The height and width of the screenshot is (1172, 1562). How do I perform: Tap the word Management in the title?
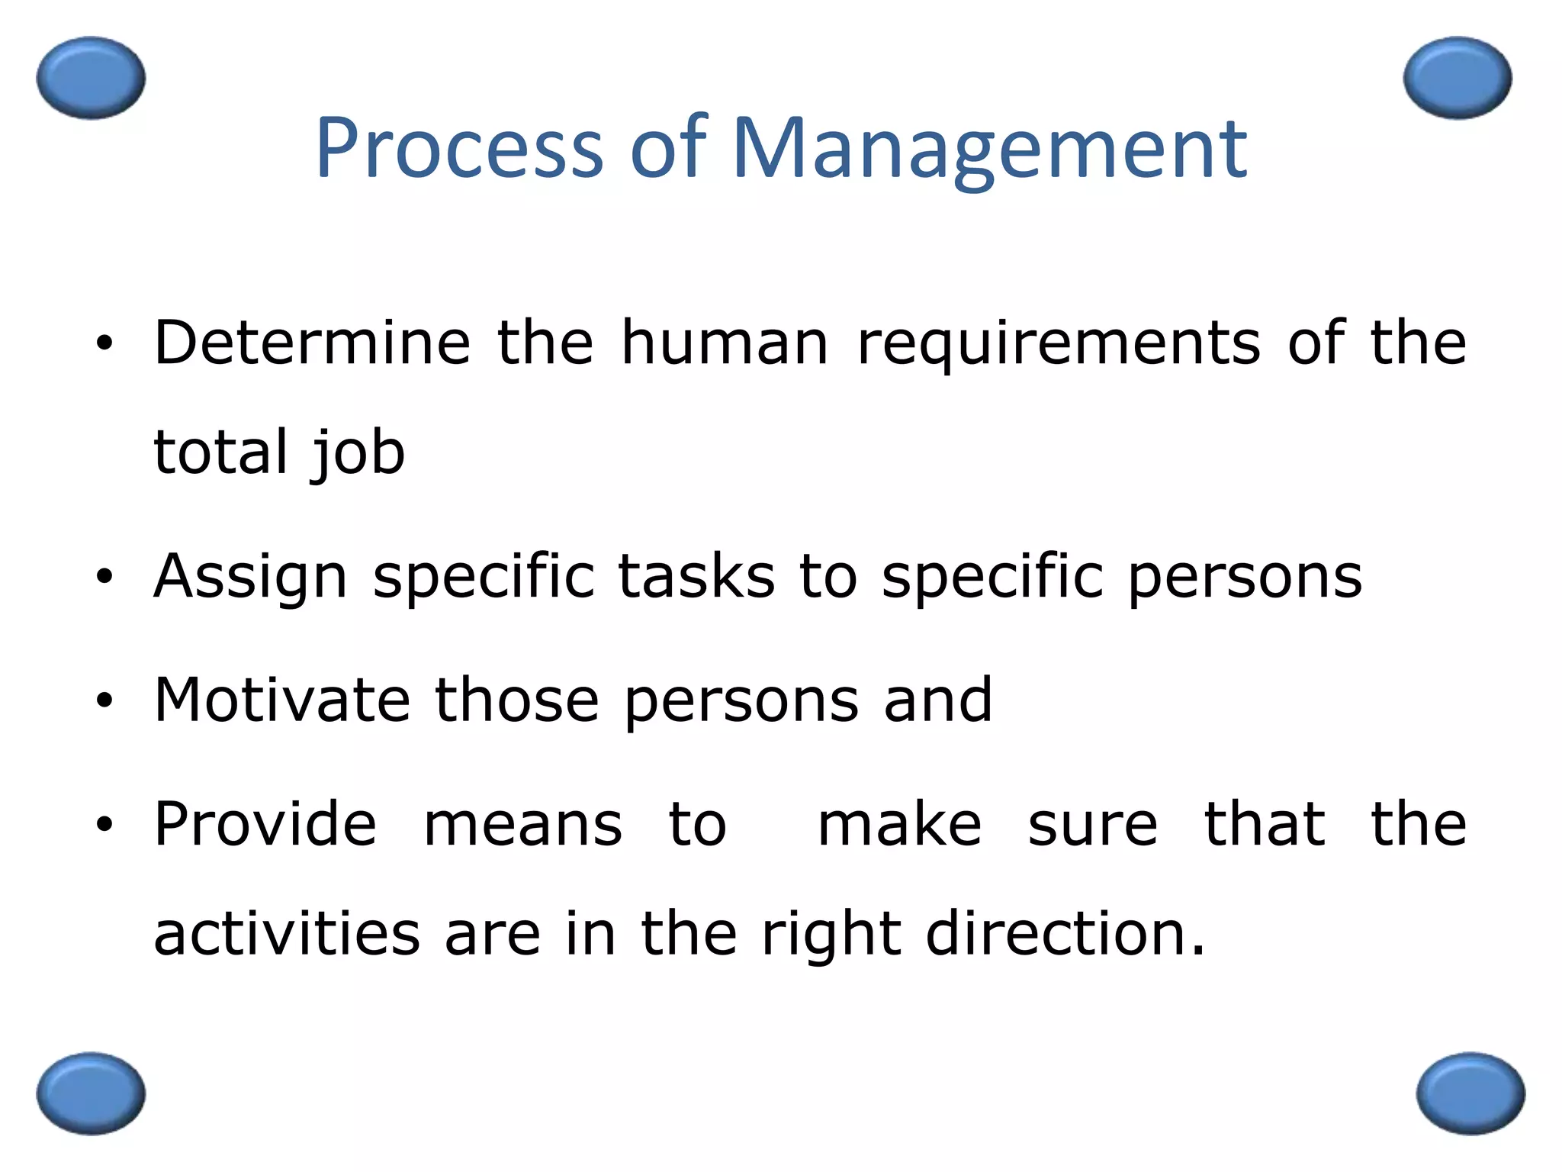point(989,149)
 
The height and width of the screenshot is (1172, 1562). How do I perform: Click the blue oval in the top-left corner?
point(91,78)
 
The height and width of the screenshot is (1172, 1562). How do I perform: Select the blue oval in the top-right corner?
point(1457,78)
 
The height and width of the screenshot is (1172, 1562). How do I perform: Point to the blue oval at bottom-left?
point(91,1093)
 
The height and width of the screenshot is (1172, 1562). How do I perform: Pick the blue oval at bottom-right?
point(1470,1093)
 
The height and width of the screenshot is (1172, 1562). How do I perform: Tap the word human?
point(725,343)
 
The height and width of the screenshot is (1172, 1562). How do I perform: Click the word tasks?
point(696,576)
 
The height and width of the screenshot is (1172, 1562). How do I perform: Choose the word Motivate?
point(282,700)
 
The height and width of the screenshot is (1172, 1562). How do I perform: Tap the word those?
point(517,700)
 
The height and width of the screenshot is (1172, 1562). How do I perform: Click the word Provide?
point(265,824)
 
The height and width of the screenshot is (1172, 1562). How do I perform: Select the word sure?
point(1092,826)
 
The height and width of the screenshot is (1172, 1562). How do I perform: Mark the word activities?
point(287,934)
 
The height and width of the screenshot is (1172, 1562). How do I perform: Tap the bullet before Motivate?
point(104,700)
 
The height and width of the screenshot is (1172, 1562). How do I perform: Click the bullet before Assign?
point(104,576)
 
